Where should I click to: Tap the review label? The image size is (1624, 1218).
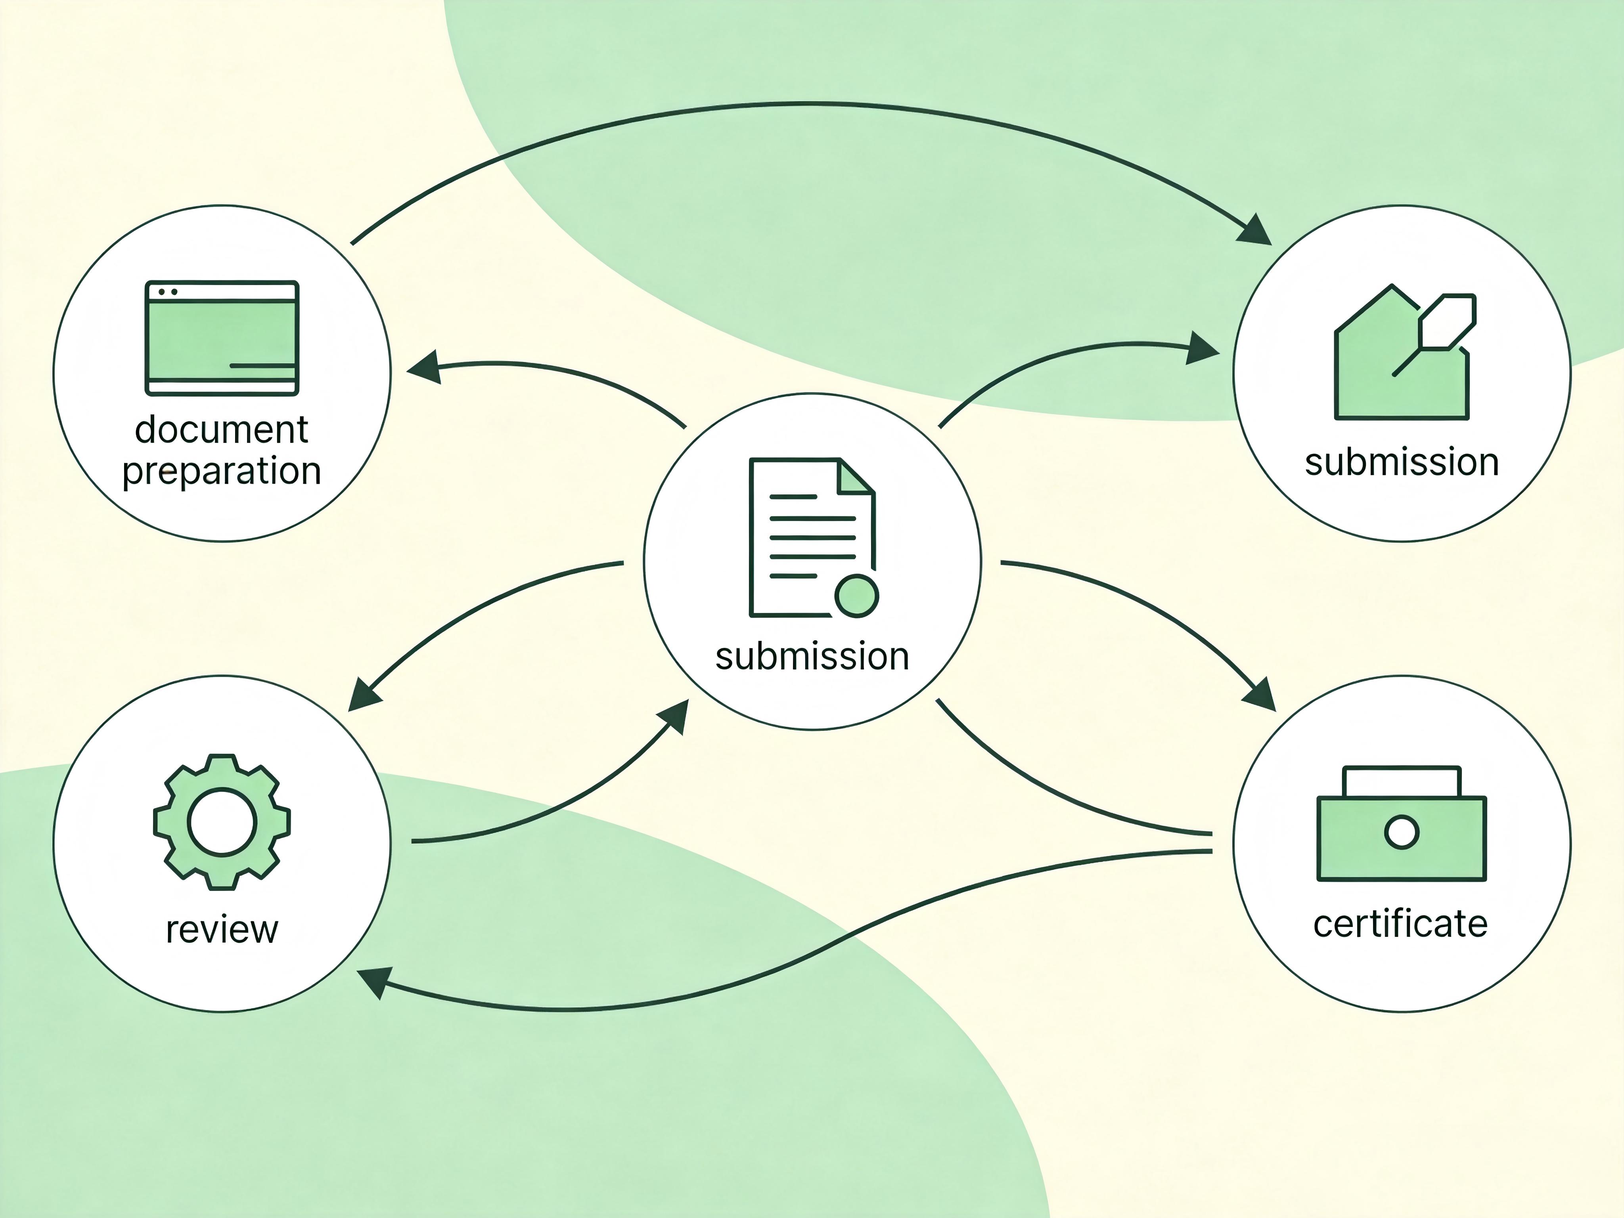(222, 930)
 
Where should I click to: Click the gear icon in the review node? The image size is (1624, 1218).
(222, 822)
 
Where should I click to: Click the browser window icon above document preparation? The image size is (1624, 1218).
(222, 338)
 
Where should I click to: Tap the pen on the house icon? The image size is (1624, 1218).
(1435, 335)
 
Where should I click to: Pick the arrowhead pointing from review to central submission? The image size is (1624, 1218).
(673, 716)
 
